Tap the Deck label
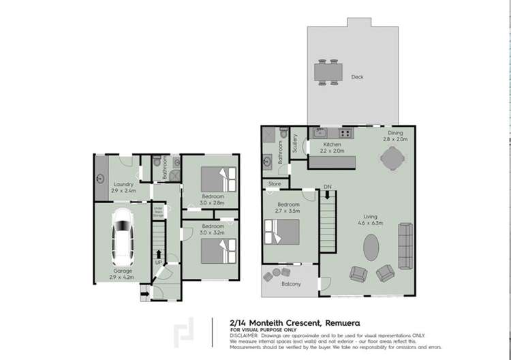coord(357,77)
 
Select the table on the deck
coord(328,71)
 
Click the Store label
coord(275,184)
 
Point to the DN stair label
coord(327,187)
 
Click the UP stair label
coord(158,262)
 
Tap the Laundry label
coord(123,184)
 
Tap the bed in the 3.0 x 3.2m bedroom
coord(219,251)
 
